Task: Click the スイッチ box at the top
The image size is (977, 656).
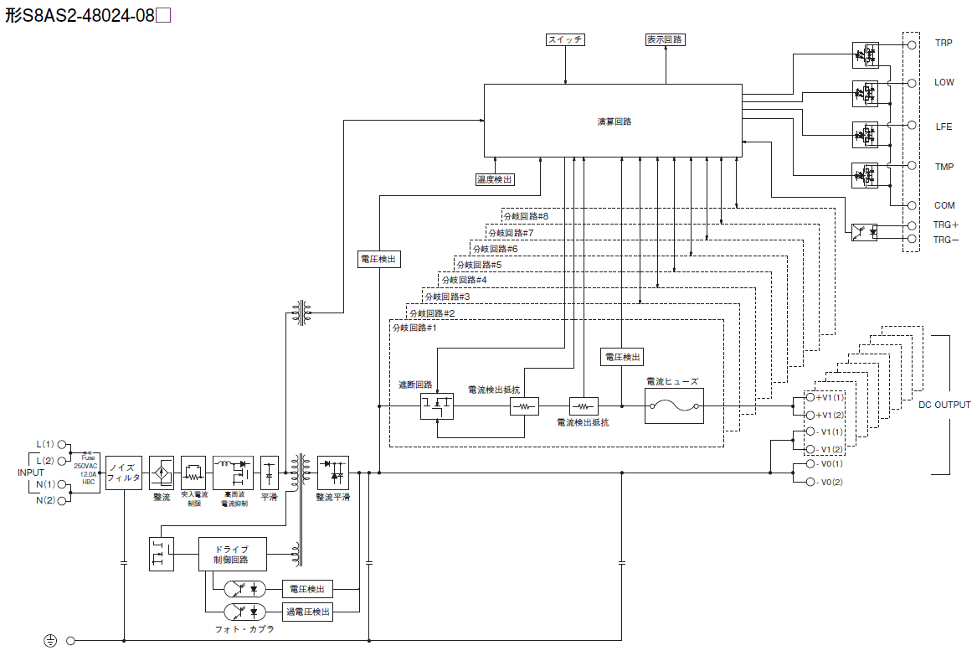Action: pos(565,39)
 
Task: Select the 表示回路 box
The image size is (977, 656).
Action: pos(666,39)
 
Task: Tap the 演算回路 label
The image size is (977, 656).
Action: pos(614,121)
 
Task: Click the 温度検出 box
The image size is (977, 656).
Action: pos(495,179)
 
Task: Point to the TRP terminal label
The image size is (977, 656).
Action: pos(944,42)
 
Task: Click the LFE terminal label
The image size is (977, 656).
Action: pos(944,127)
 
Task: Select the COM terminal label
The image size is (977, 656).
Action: pos(944,205)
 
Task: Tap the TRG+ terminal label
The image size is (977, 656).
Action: pos(946,225)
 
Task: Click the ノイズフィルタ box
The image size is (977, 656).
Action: pos(124,473)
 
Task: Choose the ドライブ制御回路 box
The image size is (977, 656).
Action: pos(232,554)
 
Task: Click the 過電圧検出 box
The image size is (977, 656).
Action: pos(307,612)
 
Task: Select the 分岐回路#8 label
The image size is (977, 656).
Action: pos(526,216)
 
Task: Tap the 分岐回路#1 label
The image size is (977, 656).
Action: pos(414,328)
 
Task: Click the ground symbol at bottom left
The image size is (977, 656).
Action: pos(50,641)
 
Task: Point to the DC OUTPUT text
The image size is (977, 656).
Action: pos(944,405)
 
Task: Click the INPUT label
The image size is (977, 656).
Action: pos(31,473)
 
